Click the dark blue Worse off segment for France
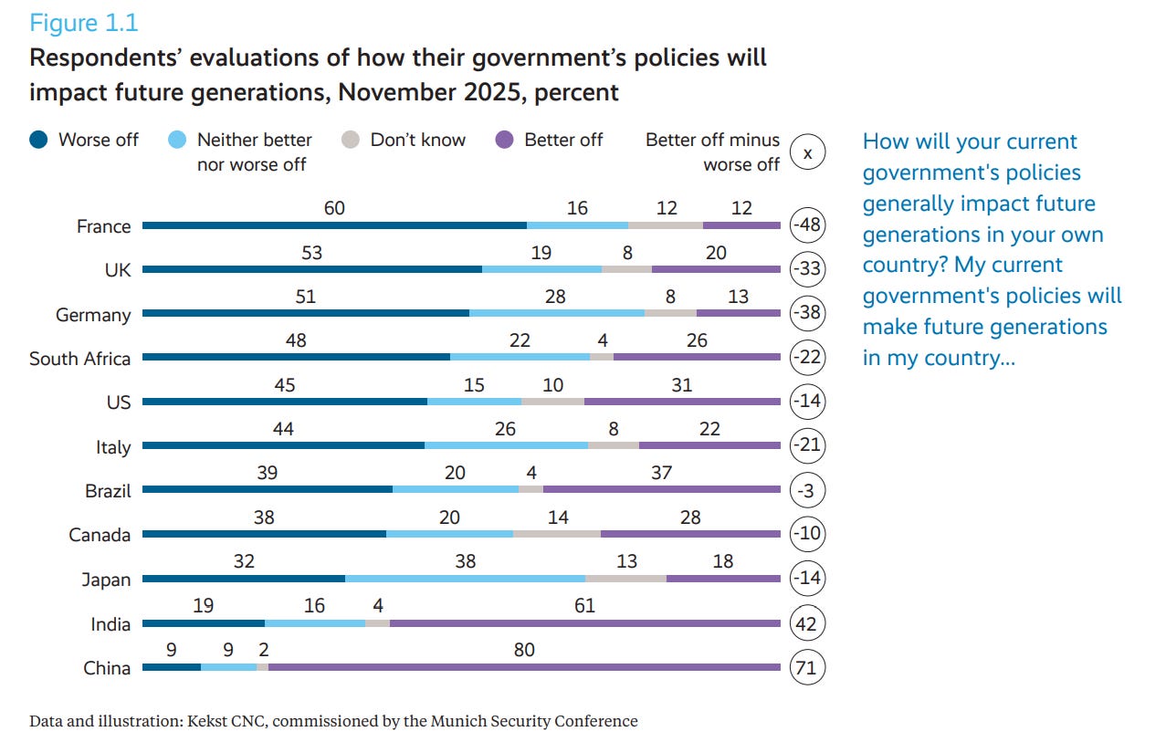coord(334,225)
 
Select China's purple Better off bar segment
coord(524,668)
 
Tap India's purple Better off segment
coord(584,624)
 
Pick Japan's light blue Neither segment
coord(465,579)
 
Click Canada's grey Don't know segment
coord(557,535)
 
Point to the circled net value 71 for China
coord(807,668)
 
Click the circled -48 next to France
coord(807,225)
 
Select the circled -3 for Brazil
coord(807,491)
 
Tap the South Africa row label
coord(80,359)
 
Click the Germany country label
coord(94,315)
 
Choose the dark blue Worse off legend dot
coord(39,140)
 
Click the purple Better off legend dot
coord(504,140)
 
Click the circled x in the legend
coord(807,153)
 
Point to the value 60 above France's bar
coord(334,208)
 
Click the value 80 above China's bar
coord(524,651)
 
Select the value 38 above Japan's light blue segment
coord(465,561)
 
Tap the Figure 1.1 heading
coord(84,22)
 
